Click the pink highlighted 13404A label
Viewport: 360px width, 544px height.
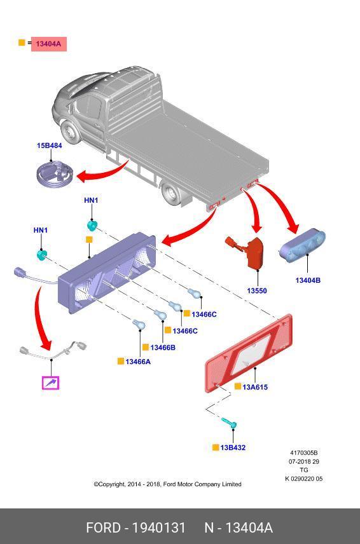click(48, 44)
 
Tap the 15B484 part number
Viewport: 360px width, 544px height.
click(50, 146)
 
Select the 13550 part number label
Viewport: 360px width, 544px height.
click(257, 290)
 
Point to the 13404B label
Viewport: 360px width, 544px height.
click(308, 280)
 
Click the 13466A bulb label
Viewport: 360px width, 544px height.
click(138, 362)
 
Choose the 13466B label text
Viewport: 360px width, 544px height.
click(163, 347)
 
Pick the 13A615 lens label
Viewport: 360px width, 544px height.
click(255, 387)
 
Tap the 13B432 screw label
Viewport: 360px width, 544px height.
click(233, 447)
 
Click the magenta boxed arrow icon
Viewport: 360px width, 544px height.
click(51, 383)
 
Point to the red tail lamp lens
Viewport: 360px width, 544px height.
click(249, 353)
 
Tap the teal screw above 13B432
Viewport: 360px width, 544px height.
click(230, 423)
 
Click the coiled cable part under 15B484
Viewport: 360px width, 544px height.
click(55, 175)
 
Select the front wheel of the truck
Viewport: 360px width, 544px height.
click(71, 132)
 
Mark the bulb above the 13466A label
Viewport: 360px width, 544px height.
click(139, 325)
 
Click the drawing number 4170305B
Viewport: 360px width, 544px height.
click(304, 452)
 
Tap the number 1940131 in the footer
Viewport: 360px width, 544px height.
click(158, 527)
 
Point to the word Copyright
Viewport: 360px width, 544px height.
click(109, 484)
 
